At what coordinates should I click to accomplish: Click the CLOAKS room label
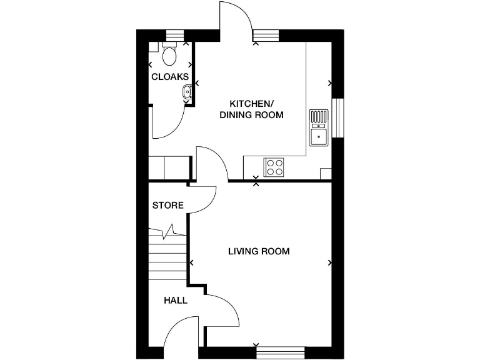[170, 77]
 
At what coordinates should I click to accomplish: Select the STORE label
[168, 205]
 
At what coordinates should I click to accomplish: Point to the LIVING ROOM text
[259, 251]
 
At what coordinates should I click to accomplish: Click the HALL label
[176, 301]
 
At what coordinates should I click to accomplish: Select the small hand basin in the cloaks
[186, 94]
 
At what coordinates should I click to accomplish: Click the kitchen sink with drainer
[319, 127]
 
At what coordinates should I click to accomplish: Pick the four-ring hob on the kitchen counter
[274, 167]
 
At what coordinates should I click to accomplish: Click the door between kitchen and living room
[212, 162]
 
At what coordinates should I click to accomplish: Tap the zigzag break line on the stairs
[169, 233]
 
